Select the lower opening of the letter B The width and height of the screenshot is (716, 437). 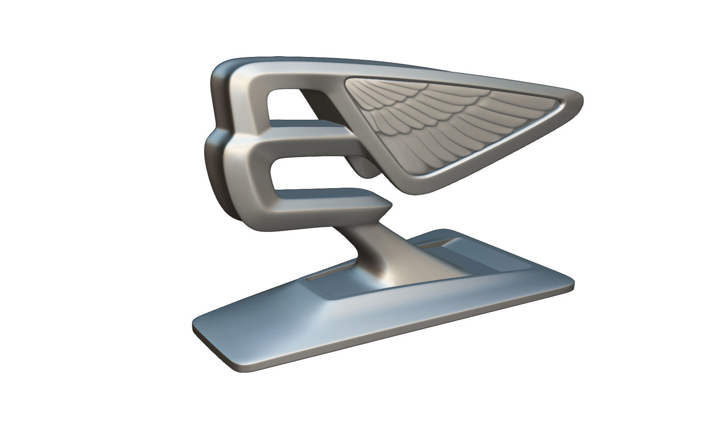click(311, 174)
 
